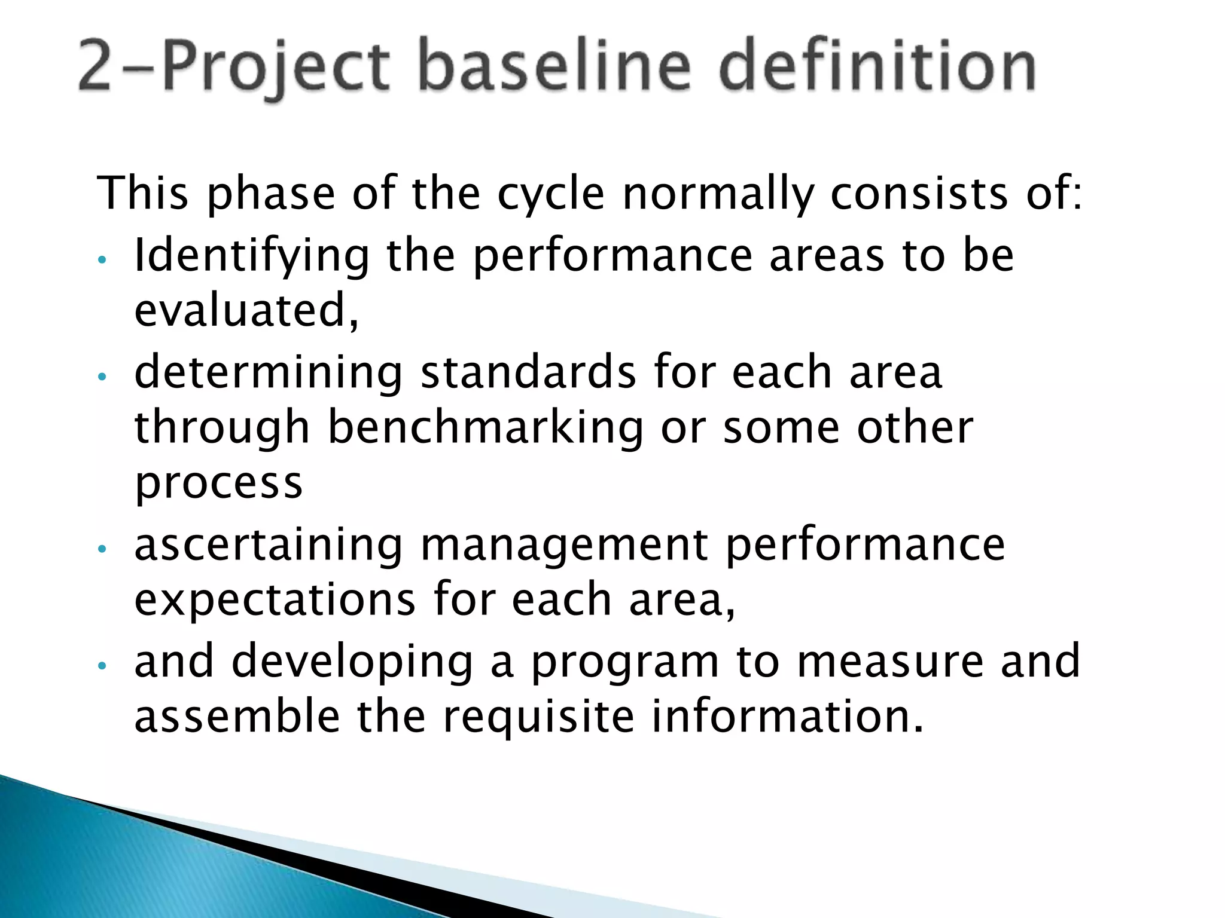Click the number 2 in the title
(95, 67)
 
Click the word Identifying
(252, 256)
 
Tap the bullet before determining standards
(102, 377)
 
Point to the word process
(219, 483)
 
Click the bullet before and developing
(102, 665)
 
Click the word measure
(890, 661)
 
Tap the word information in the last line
(787, 716)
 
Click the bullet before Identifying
(102, 260)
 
